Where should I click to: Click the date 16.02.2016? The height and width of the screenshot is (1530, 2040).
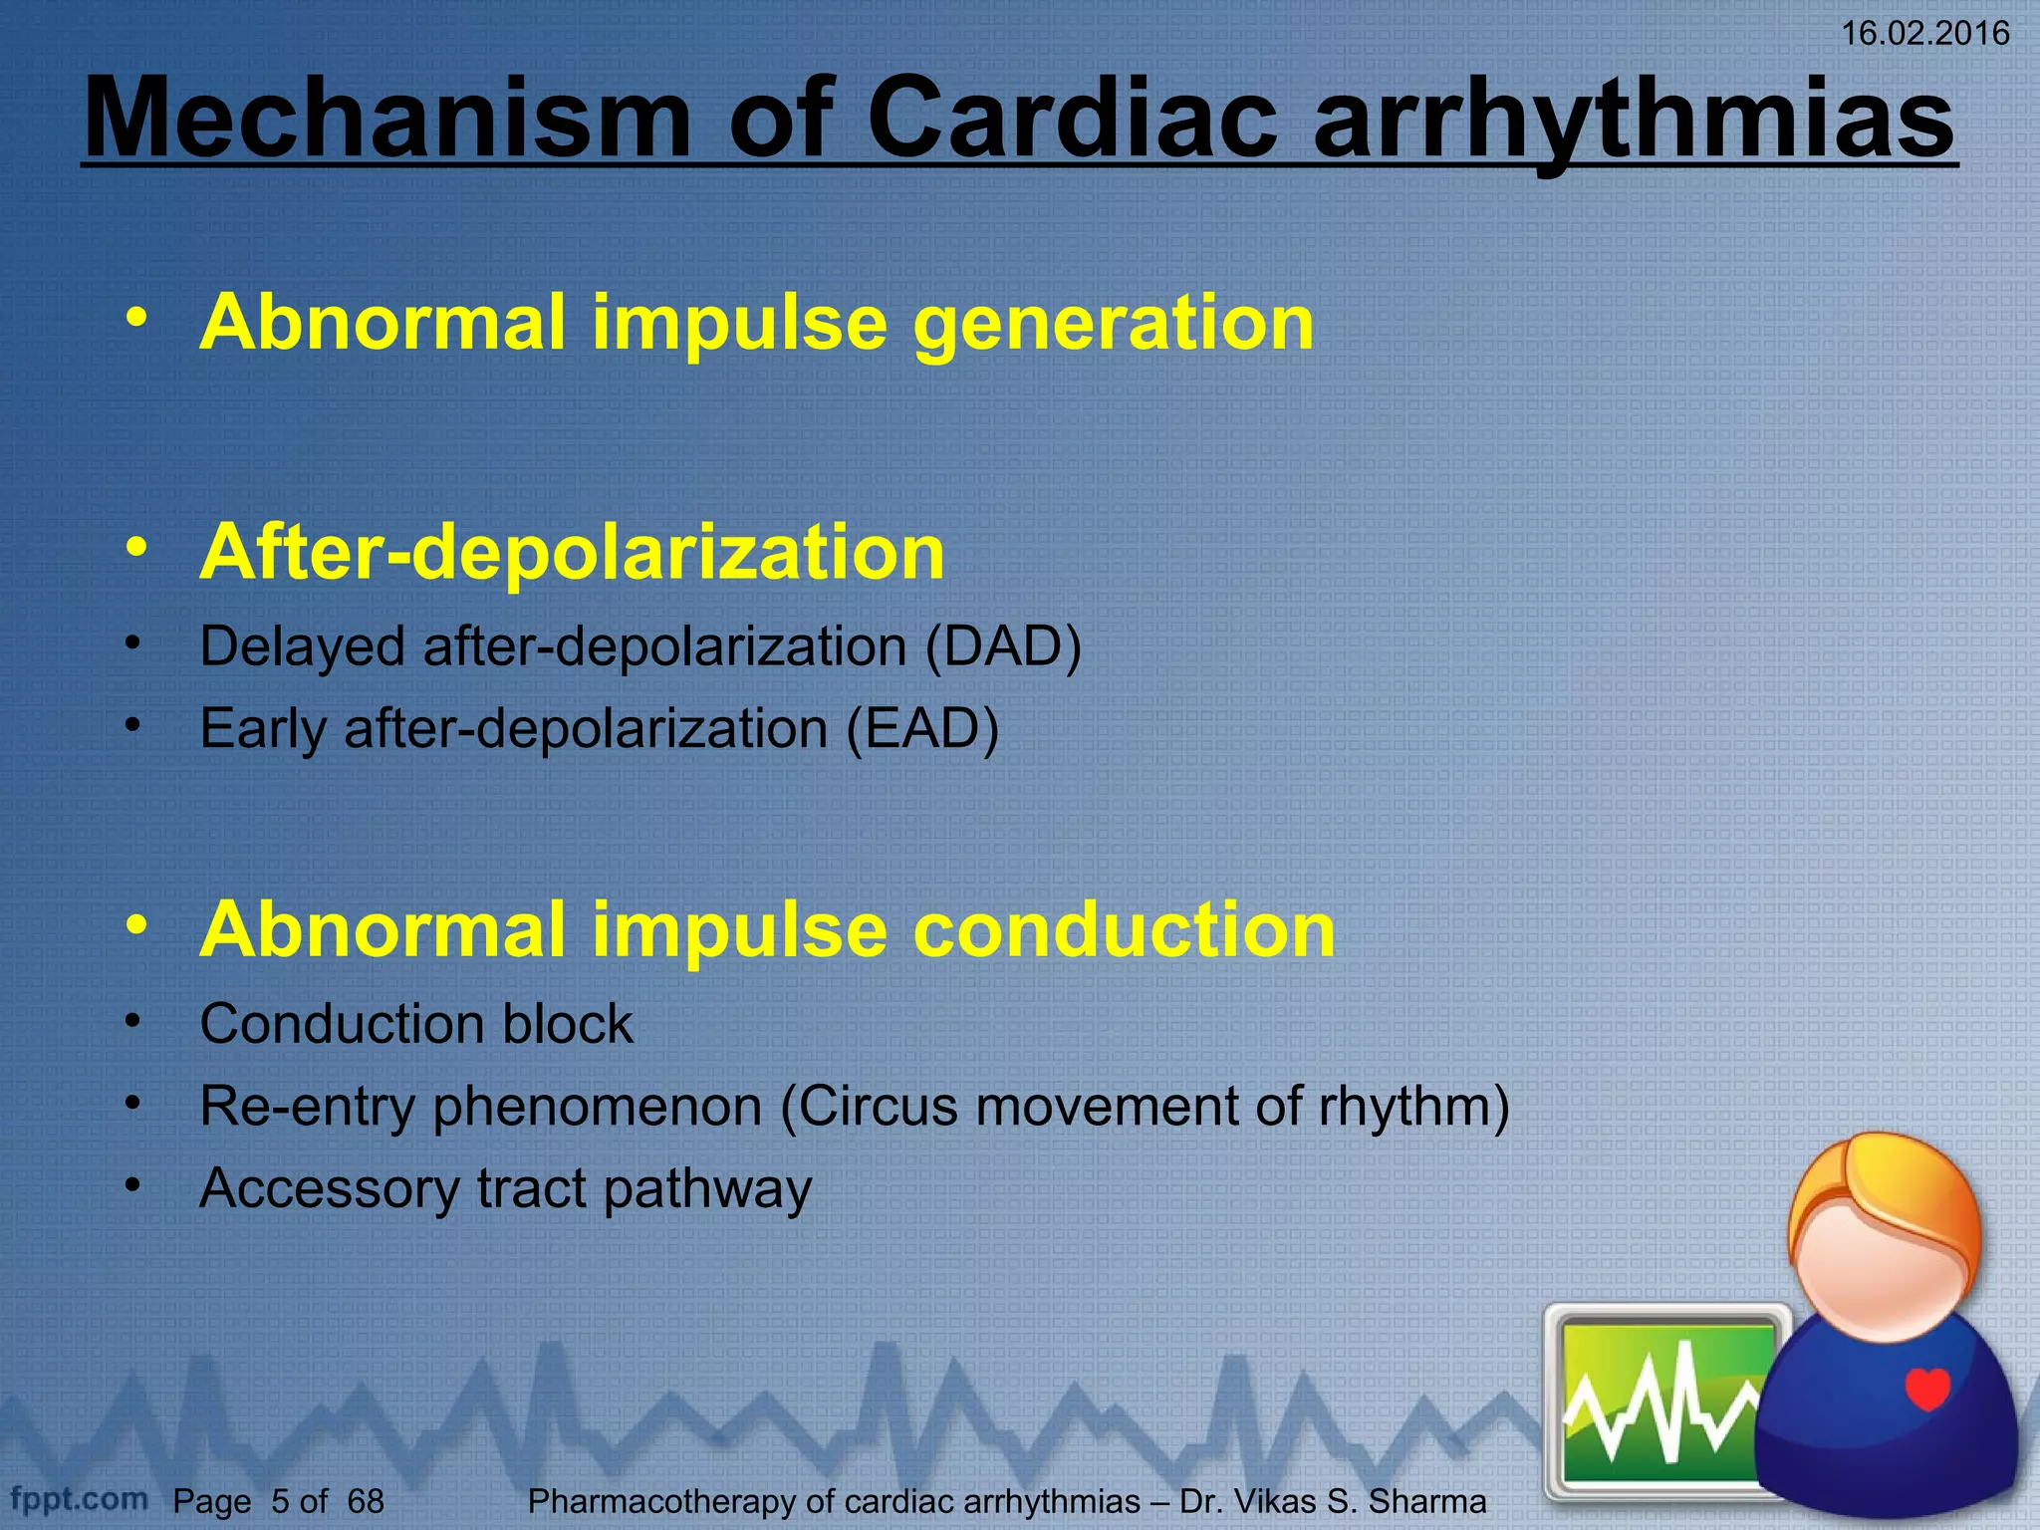click(1923, 34)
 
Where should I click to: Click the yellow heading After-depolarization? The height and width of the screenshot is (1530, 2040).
click(572, 552)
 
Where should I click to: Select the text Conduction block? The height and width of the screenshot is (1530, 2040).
click(415, 1023)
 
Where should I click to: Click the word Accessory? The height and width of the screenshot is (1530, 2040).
click(329, 1188)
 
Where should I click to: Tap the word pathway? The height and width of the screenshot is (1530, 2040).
click(707, 1188)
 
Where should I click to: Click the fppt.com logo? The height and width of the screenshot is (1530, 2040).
click(80, 1498)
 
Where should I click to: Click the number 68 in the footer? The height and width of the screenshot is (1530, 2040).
click(366, 1501)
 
